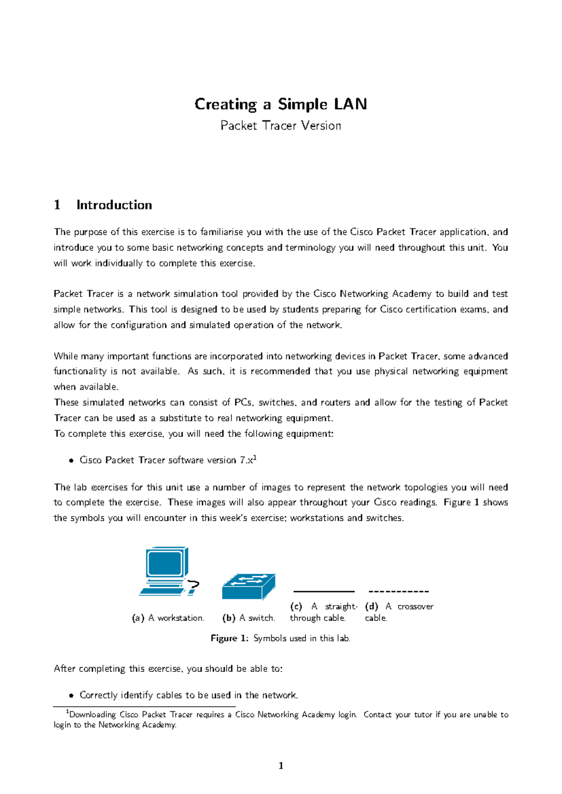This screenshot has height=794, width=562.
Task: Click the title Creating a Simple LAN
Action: pos(281,104)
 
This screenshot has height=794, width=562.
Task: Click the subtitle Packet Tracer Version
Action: pos(281,125)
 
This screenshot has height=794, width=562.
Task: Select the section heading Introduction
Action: pos(114,205)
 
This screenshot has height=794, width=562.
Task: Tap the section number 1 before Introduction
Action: pos(57,205)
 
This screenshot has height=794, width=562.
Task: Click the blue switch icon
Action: pos(249,587)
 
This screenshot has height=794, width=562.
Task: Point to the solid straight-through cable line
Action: pos(324,592)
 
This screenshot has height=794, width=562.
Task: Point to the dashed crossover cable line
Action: pos(399,592)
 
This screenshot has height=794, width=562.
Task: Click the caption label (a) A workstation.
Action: pos(168,618)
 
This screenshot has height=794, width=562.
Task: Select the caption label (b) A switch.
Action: pos(249,618)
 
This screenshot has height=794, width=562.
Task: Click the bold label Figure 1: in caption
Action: pos(229,638)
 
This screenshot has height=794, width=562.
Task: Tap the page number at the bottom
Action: pos(281,766)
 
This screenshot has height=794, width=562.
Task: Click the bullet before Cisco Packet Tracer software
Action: pos(71,461)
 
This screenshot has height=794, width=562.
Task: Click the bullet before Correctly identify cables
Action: pos(71,696)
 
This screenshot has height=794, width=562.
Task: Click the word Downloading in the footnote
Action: pos(92,715)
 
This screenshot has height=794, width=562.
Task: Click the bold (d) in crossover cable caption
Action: pos(371,606)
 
